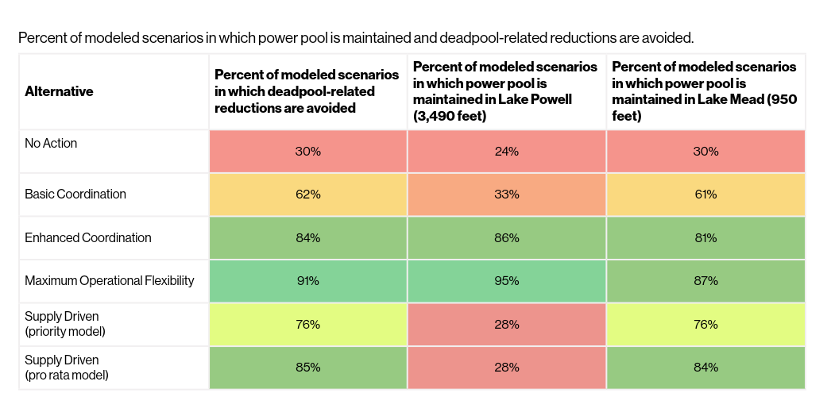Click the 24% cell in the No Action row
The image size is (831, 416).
pos(506,151)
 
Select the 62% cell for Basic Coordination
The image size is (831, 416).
pos(307,195)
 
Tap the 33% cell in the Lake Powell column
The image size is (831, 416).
pos(506,195)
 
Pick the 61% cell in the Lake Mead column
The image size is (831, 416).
pos(705,195)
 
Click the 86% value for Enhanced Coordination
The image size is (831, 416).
pos(506,237)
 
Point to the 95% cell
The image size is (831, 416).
pos(506,281)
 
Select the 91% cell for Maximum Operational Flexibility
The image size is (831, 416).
pos(307,281)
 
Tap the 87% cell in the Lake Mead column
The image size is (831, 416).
pos(705,281)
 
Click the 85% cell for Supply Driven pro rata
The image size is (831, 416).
pos(307,368)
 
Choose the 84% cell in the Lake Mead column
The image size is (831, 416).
pos(705,368)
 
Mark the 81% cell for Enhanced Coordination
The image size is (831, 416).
pos(705,237)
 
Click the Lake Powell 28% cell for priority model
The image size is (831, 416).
pos(506,325)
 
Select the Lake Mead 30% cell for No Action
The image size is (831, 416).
pos(705,151)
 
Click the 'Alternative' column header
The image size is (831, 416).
pos(59,91)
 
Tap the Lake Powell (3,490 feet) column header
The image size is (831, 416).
pos(505,91)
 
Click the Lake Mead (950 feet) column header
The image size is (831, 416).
pos(704,91)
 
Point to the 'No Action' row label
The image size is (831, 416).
pos(51,144)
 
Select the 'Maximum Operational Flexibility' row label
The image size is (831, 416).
pos(110,281)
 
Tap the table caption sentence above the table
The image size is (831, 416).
pos(356,37)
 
